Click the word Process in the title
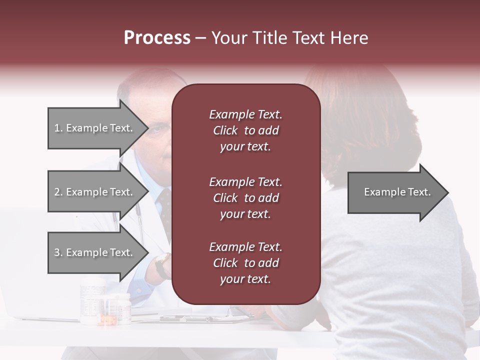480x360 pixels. [157, 38]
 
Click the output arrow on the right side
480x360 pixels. [397, 192]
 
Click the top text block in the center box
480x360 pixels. [245, 130]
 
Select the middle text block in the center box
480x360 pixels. [245, 198]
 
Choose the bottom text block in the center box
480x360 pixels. [245, 263]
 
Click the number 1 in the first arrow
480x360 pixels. [57, 128]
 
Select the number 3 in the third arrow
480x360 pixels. [57, 252]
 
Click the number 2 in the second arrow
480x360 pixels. [57, 192]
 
